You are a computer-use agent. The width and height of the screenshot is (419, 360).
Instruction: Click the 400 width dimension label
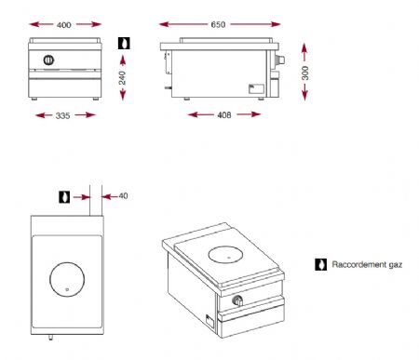[x=63, y=22]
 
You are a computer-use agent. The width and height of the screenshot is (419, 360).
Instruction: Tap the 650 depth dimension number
[x=217, y=22]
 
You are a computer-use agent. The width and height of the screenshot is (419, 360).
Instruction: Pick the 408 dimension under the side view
[x=224, y=115]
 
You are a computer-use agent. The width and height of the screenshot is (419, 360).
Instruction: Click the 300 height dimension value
[x=304, y=73]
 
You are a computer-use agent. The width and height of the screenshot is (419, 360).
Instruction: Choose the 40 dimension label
[x=124, y=196]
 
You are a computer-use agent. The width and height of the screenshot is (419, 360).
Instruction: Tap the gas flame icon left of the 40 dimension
[x=65, y=196]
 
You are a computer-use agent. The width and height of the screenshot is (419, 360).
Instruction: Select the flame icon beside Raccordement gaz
[x=320, y=264]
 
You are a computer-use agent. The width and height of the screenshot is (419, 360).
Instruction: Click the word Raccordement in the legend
[x=357, y=264]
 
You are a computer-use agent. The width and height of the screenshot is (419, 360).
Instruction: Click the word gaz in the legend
[x=395, y=264]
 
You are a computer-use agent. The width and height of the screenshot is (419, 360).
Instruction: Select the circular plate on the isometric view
[x=224, y=253]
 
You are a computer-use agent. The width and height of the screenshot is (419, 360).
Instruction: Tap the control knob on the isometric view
[x=237, y=301]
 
